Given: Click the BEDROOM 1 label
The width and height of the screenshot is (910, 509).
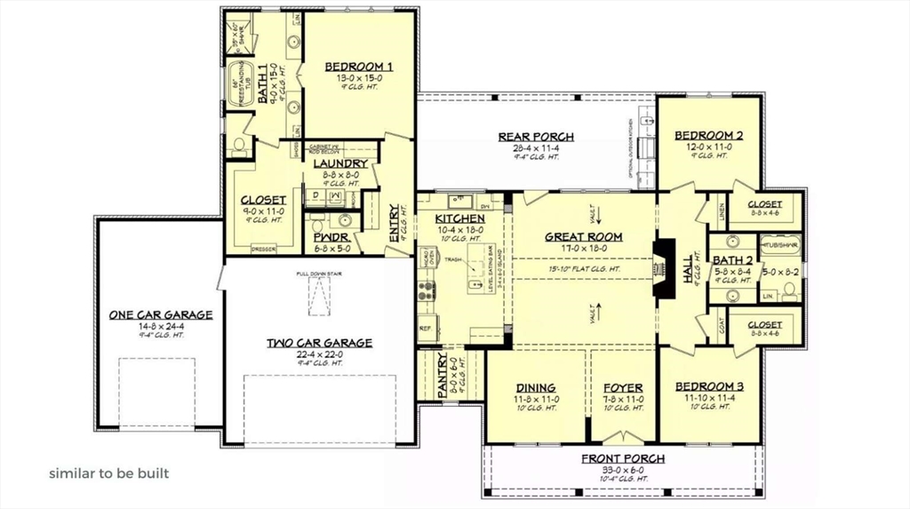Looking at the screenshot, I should [358, 67].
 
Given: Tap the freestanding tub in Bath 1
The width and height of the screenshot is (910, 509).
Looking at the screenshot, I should [238, 86].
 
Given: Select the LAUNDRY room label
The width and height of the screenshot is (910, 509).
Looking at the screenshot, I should [339, 163].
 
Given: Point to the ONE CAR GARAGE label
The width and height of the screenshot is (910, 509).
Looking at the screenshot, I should [160, 314].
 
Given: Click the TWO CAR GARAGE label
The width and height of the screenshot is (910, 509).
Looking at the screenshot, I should [319, 342].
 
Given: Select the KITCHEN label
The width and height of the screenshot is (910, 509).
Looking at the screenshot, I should [459, 219].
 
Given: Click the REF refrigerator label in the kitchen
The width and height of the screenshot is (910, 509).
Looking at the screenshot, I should [426, 328].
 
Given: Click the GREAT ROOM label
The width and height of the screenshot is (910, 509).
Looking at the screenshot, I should [583, 236].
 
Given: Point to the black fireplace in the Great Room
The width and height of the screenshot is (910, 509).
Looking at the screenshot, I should [661, 267].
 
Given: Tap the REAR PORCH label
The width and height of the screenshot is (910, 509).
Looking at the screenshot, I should [535, 136].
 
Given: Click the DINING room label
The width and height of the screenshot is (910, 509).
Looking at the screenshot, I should [536, 387].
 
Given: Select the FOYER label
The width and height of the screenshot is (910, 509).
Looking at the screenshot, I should [623, 387].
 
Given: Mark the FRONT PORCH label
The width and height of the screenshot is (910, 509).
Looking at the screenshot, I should [623, 458].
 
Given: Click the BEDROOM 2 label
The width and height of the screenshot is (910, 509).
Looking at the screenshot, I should [708, 135].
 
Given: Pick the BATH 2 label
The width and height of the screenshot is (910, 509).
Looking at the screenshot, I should [733, 259].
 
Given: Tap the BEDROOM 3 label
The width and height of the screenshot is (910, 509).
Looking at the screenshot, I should [709, 386].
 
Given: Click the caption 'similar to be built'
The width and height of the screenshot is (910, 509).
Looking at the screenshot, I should [108, 473].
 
